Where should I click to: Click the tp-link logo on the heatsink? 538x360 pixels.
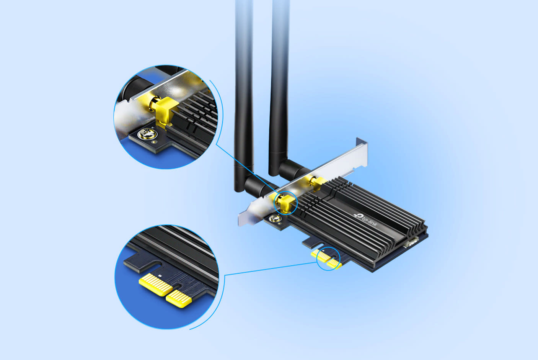click(365, 220)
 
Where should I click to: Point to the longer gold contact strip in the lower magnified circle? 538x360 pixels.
click(156, 284)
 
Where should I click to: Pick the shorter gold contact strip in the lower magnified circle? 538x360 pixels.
click(179, 298)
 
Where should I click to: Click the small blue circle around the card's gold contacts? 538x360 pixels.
click(329, 259)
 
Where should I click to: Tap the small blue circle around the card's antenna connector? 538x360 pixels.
click(285, 203)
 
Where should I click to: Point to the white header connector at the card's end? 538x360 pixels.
click(411, 242)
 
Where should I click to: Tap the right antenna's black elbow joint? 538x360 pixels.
click(294, 169)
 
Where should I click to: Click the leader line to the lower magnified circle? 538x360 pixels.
click(271, 269)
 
